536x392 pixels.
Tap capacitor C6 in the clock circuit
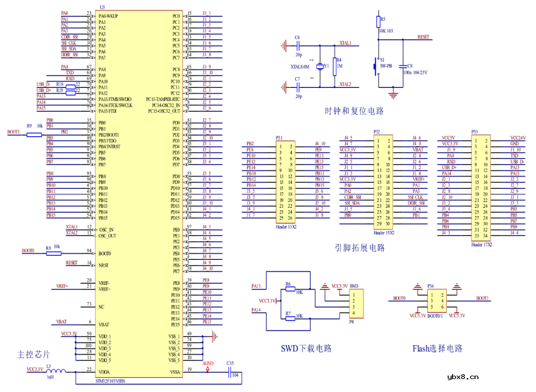tap(298, 46)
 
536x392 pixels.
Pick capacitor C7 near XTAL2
tap(298, 87)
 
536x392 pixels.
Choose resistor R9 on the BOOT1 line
tap(34, 133)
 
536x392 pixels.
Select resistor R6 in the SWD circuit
tap(290, 289)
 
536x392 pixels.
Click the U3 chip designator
tap(102, 7)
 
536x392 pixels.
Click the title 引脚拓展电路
tap(360, 247)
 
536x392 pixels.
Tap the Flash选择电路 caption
tap(437, 348)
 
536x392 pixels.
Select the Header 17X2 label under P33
tap(481, 245)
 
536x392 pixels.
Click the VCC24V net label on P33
tap(518, 138)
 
